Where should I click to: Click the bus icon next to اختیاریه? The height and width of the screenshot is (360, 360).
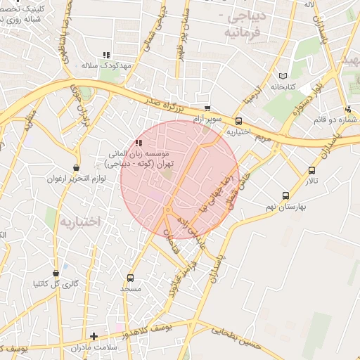pos(240,120)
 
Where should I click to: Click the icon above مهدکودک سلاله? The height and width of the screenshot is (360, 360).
pos(106,54)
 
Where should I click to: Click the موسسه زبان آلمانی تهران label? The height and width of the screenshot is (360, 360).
pos(139,157)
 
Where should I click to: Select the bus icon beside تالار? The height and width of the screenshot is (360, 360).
pos(311,169)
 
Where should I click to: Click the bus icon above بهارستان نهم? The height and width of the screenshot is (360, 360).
pos(285,195)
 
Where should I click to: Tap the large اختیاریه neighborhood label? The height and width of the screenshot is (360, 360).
pos(79,222)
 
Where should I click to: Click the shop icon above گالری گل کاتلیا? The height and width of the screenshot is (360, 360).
pos(56,273)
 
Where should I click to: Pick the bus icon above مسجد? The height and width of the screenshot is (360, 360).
pos(130,277)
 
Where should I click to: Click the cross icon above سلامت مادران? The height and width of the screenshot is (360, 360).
pos(94,336)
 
